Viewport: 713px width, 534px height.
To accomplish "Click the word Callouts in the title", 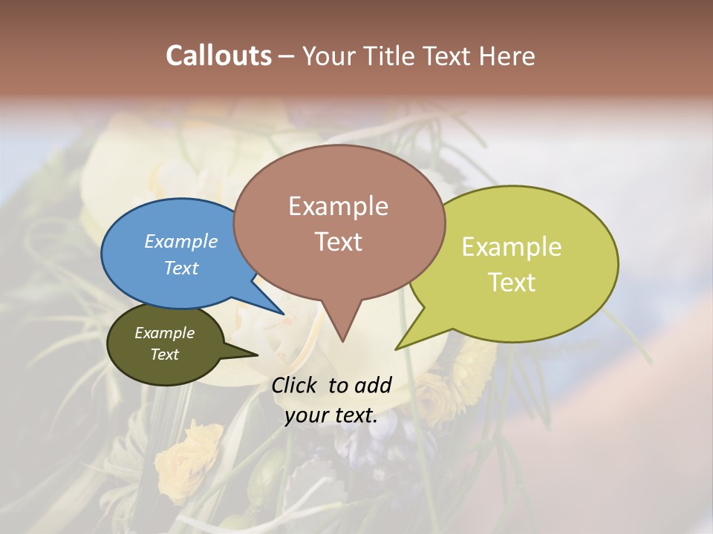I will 218,56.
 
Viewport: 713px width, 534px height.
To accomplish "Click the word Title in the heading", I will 393,56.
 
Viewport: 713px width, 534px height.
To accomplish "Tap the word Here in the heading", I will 507,56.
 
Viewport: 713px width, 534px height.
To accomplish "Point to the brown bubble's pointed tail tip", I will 342,340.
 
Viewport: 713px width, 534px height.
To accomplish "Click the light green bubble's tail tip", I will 397,348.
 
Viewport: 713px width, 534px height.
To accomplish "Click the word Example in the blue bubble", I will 180,241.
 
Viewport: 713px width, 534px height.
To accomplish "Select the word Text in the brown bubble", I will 339,241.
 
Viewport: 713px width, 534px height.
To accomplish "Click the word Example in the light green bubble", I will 512,246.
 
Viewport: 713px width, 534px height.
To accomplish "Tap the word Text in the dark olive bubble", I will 165,354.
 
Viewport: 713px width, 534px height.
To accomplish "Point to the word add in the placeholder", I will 372,385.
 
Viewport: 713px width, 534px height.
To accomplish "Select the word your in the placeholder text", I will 307,415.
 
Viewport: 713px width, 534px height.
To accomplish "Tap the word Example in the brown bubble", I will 339,206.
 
